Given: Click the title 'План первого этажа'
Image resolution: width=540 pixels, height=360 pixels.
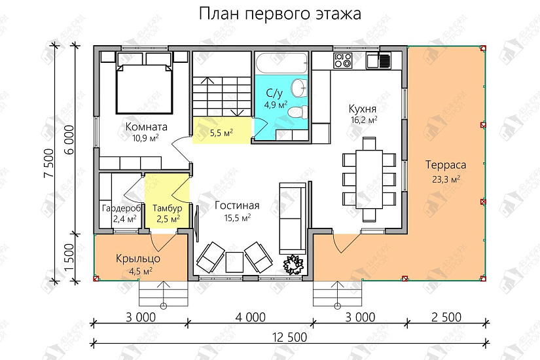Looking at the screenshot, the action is pos(280,14).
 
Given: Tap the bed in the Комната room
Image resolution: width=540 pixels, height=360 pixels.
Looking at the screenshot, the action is pos(144,82).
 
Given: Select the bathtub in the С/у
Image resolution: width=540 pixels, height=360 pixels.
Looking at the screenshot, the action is pos(281,63).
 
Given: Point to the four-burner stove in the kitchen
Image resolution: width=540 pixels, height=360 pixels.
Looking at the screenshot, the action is pos(343,60).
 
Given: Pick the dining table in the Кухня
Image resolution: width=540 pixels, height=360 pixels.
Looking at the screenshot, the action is pos(369,179).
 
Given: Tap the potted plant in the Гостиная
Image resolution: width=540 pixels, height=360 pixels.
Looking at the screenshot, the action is pos(293,264).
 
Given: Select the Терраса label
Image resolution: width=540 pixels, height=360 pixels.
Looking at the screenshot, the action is pos(446,165).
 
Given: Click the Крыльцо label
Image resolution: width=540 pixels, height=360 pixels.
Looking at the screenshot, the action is pos(137,259).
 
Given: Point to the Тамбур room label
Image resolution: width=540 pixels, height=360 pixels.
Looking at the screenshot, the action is pos(168,208).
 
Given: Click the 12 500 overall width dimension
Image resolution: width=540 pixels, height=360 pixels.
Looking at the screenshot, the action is pos(289,337).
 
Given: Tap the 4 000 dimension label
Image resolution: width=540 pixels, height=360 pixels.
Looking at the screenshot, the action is pos(251,317).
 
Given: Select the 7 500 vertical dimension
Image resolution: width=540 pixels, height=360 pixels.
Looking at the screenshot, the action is pos(49,163).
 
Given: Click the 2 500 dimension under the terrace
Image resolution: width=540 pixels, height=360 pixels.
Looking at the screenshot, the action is pos(446,317).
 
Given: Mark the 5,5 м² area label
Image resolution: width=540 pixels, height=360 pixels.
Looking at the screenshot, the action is pos(221,133).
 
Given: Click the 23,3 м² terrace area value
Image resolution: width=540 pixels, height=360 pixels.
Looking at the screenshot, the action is pos(446,179).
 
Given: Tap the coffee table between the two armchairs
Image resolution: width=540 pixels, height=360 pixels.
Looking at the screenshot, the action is pos(234,262).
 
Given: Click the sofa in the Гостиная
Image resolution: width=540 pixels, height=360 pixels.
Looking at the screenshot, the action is pos(293,218).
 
